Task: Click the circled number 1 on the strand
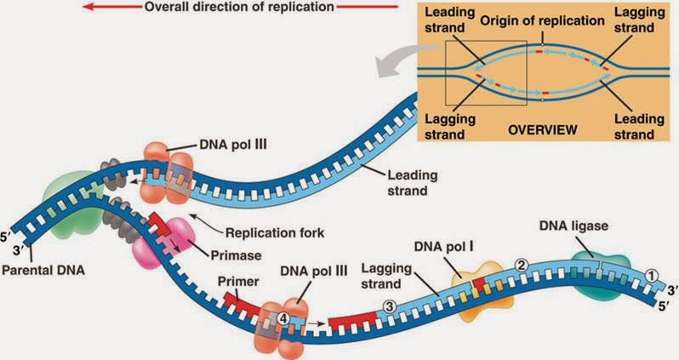[651, 275]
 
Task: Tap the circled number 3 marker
[388, 306]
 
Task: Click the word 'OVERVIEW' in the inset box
[543, 130]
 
